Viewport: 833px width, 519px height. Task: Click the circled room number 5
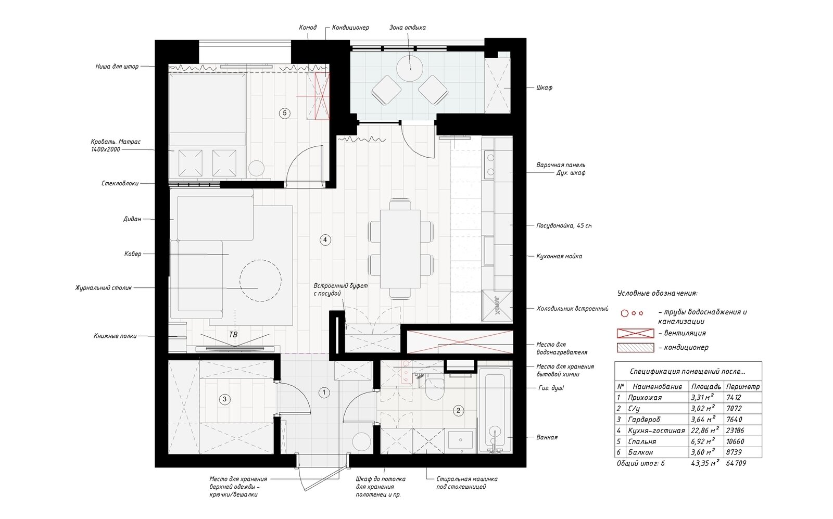[x=284, y=113]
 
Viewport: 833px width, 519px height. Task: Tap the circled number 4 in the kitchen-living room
[x=325, y=240]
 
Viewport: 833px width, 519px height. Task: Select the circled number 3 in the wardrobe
[x=224, y=400]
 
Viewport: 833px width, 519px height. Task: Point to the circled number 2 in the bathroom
[x=458, y=410]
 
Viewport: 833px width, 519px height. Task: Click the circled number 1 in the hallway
[x=324, y=392]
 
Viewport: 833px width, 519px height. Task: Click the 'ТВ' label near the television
[x=233, y=335]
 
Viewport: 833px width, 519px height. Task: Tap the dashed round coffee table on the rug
[x=260, y=280]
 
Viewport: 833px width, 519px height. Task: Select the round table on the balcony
[x=410, y=68]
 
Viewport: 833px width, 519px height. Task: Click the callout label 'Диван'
[x=132, y=219]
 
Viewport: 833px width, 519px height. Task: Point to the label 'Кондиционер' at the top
[x=350, y=28]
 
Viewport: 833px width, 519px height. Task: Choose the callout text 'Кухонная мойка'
[x=559, y=256]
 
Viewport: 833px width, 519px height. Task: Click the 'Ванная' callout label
[x=547, y=437]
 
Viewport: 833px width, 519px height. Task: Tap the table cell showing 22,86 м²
[x=705, y=431]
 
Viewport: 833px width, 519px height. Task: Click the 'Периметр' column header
[x=742, y=387]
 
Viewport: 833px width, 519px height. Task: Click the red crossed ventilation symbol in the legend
[x=635, y=333]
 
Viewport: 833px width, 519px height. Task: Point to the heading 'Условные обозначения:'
[x=657, y=293]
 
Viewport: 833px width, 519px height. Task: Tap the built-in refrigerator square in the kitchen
[x=497, y=306]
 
